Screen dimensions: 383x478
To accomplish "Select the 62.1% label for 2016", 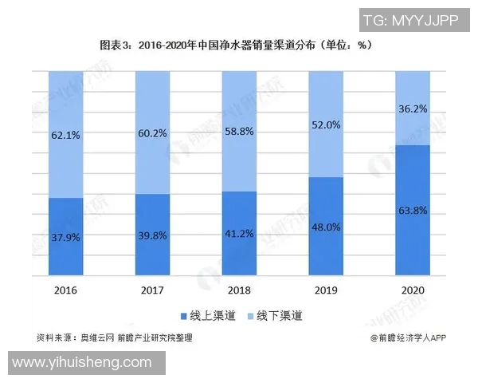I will [x=66, y=136].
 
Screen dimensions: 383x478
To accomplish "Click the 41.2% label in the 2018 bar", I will [x=239, y=233].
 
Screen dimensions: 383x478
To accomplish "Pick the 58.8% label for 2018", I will [x=239, y=132].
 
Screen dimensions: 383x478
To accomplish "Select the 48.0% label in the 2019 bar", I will [x=325, y=227].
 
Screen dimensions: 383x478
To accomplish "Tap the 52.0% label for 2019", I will [x=325, y=125].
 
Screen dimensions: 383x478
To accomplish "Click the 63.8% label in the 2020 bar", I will [x=412, y=211].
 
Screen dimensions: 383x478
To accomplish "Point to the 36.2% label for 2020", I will [x=412, y=109].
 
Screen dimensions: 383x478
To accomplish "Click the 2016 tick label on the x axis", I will [x=66, y=290].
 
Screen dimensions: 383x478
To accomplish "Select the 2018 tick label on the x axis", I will [x=239, y=290].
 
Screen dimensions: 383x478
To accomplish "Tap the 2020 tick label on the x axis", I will [x=412, y=290].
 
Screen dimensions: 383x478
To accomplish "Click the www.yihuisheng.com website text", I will [x=83, y=363].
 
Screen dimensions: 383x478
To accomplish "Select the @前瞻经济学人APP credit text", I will [x=407, y=338].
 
